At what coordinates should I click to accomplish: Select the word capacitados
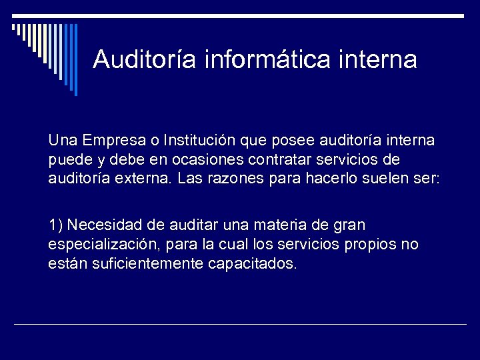coord(253,263)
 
